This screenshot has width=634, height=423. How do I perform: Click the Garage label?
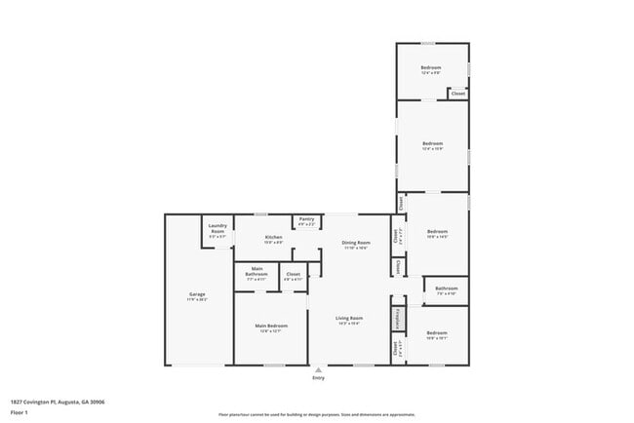(197, 295)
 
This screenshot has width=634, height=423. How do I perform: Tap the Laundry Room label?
(218, 231)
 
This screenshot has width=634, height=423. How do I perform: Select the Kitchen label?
(273, 239)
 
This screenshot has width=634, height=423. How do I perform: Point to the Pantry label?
(306, 221)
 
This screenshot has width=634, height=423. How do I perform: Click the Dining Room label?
(355, 244)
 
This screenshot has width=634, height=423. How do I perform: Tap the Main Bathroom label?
(258, 272)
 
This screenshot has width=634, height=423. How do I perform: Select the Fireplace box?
(398, 319)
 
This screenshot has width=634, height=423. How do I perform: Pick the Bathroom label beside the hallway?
(447, 289)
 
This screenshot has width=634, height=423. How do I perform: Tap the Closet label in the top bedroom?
(457, 94)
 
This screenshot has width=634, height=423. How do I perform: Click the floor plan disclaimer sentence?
(316, 414)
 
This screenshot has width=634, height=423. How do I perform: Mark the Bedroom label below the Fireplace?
(436, 335)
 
